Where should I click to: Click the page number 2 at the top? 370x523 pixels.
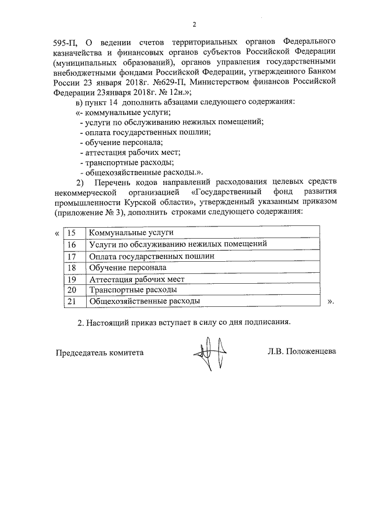[194, 24]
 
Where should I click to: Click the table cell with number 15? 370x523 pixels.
[73, 233]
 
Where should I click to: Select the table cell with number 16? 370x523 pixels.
[73, 244]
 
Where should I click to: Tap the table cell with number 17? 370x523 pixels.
[73, 256]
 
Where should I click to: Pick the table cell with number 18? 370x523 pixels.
[73, 268]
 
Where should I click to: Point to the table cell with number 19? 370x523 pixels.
[73, 279]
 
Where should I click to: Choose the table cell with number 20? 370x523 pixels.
[73, 290]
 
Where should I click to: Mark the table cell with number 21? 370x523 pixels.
[73, 301]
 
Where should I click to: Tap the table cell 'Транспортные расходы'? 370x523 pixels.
[132, 290]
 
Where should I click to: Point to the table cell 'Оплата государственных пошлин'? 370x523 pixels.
[151, 256]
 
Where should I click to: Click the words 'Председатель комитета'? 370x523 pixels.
[99, 351]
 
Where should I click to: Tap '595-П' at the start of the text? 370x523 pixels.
[67, 42]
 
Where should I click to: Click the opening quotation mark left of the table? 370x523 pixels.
[56, 233]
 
